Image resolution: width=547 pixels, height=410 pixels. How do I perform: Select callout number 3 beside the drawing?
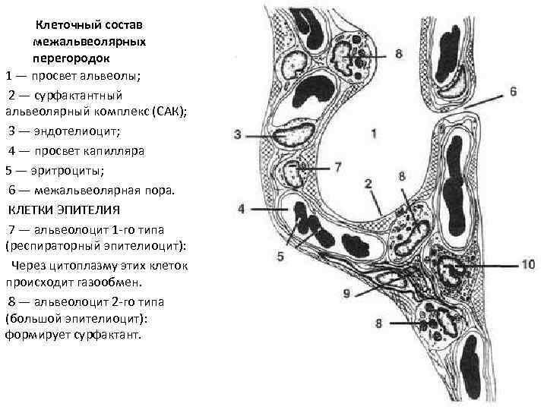[238, 135]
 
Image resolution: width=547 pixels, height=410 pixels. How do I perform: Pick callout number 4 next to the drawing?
[241, 209]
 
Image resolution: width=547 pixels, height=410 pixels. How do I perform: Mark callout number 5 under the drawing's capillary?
[280, 257]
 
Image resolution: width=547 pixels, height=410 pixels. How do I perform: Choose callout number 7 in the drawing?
[338, 166]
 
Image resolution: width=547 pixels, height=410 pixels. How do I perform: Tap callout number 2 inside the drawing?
[368, 184]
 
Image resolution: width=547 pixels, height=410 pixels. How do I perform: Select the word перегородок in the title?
[71, 57]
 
